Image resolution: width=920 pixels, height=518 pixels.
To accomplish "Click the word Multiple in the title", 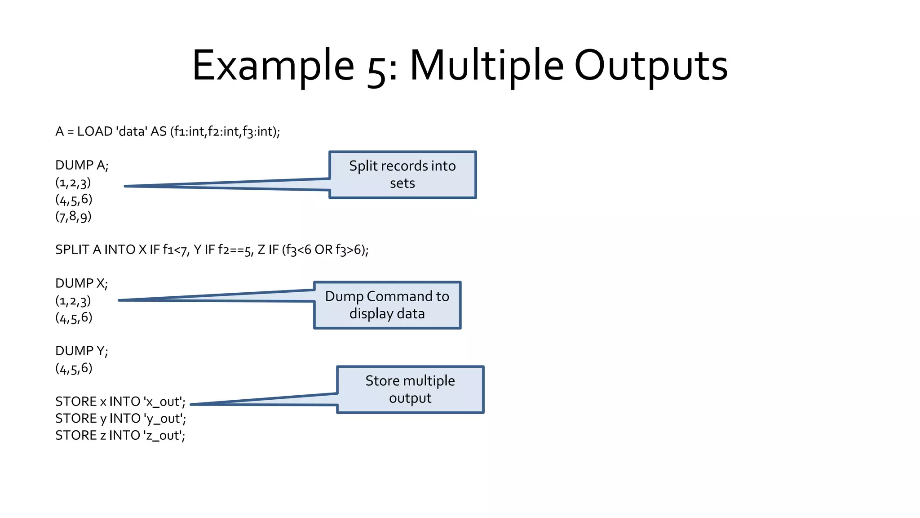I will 487,66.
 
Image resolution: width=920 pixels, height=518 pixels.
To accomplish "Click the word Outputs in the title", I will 651,66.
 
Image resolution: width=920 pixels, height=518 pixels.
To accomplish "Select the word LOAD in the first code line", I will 95,131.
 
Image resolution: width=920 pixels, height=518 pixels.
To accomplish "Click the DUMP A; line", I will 82,165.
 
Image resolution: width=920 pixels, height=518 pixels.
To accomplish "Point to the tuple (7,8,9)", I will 73,217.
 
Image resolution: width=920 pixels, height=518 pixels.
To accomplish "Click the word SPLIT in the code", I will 72,250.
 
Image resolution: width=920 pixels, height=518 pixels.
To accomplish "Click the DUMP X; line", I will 81,283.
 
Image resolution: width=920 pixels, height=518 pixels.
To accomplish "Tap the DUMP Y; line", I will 81,351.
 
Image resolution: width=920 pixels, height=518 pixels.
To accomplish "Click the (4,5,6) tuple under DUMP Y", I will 74,368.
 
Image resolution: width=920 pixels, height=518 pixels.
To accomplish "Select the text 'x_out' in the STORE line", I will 164,402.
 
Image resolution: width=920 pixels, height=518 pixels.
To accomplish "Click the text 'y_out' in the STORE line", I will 164,419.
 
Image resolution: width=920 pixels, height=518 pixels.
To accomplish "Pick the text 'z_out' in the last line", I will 164,436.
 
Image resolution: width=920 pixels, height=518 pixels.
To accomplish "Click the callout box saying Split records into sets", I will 402,174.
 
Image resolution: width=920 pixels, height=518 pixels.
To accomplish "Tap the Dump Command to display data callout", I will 387,305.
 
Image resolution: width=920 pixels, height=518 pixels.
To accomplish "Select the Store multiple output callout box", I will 410,389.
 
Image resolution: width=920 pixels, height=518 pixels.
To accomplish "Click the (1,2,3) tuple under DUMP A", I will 73,183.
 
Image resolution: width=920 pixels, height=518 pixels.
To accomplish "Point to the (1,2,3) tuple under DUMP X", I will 73,301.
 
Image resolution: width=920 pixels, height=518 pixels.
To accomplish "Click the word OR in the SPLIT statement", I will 323,250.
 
